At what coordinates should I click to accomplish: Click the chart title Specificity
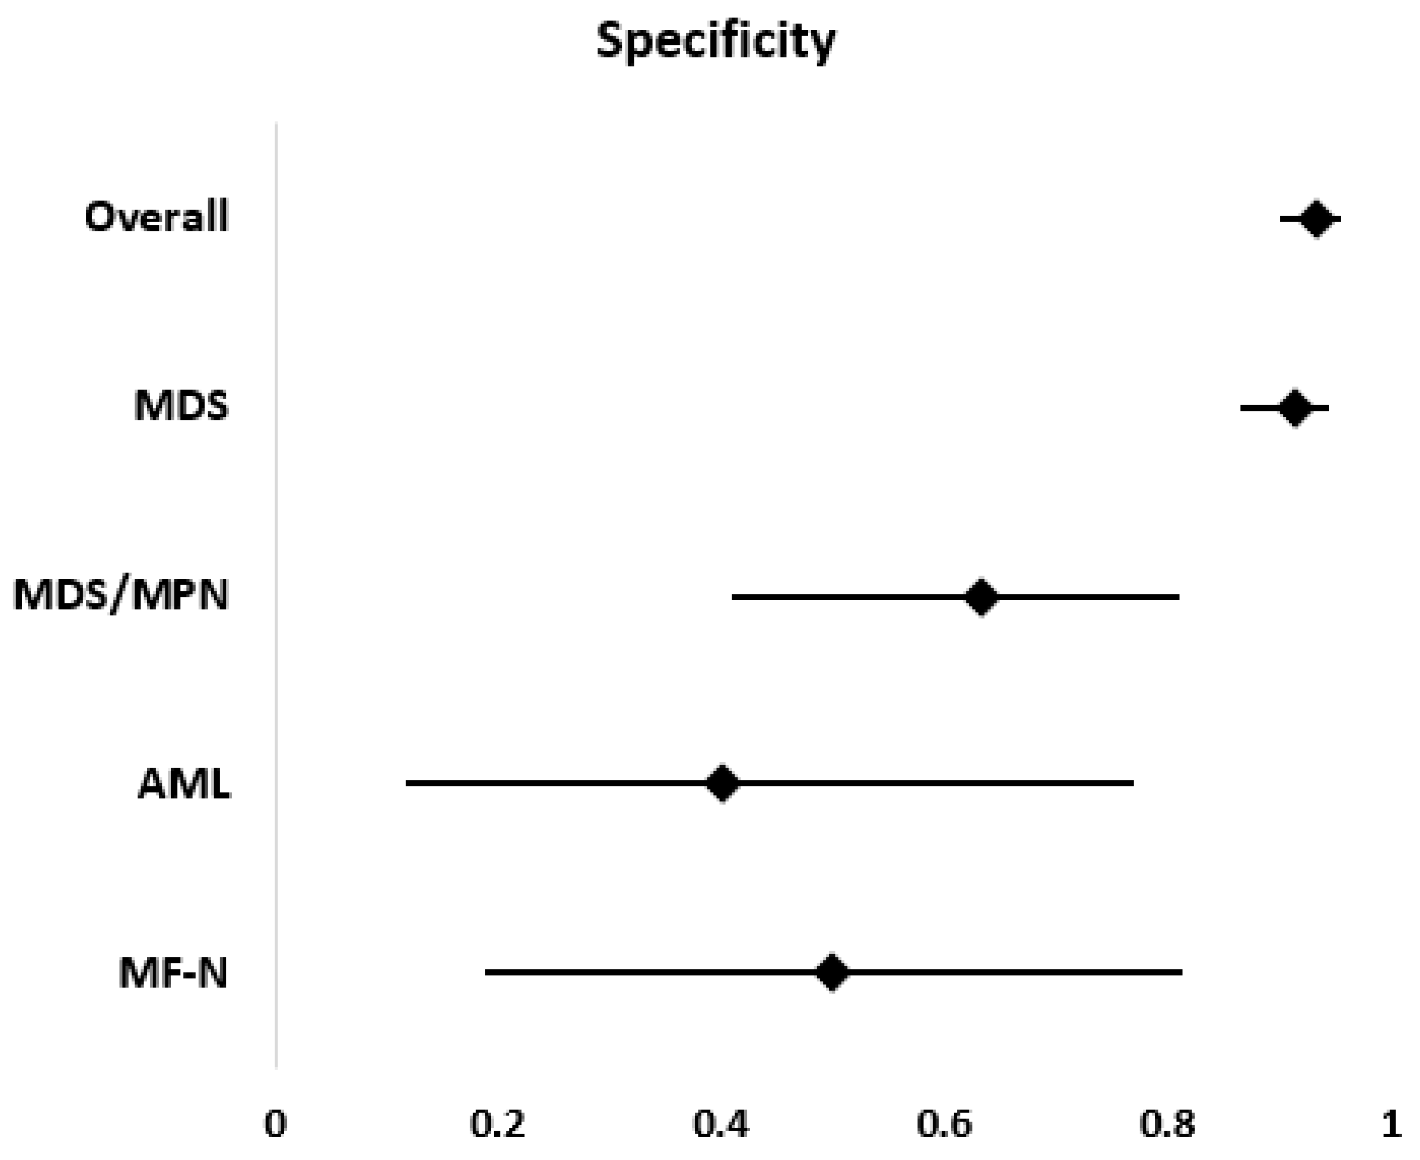(715, 41)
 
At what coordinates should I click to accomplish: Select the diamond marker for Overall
(1316, 219)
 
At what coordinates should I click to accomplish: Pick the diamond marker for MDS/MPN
(981, 597)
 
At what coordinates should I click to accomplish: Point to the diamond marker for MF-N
(832, 972)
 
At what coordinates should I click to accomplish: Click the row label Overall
(157, 217)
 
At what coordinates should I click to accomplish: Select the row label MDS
(181, 406)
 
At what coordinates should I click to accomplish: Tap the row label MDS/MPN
(121, 595)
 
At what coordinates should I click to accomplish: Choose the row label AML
(184, 783)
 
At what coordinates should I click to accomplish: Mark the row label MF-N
(173, 973)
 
